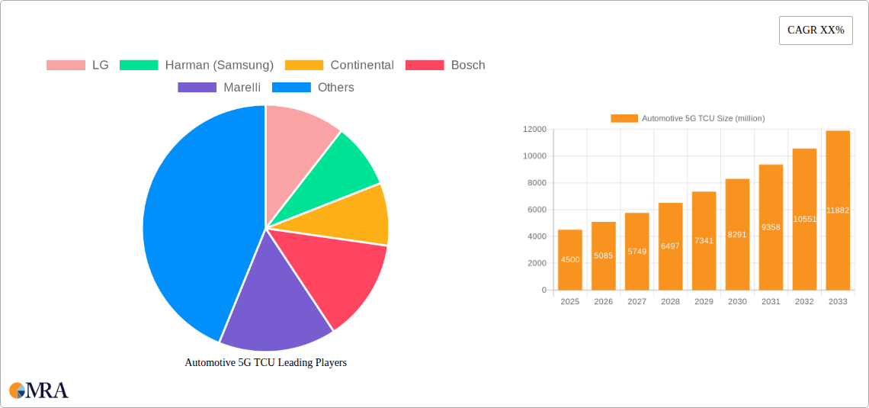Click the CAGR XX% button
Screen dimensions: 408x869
point(815,31)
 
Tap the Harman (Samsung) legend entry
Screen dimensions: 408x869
point(197,65)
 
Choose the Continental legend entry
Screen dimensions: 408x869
point(340,65)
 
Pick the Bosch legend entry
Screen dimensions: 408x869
point(446,65)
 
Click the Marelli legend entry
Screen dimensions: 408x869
point(220,87)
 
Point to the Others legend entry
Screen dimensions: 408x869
point(313,87)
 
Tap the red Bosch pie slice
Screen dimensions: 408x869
point(335,275)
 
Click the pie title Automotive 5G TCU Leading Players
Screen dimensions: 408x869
point(265,362)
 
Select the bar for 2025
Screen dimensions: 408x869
point(570,259)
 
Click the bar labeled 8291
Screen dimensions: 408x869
point(737,234)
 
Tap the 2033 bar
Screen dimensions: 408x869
point(838,210)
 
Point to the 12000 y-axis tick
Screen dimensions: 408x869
point(534,130)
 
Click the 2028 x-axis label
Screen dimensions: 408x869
point(670,302)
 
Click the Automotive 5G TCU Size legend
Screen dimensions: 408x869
point(688,118)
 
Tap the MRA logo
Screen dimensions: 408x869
point(39,390)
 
